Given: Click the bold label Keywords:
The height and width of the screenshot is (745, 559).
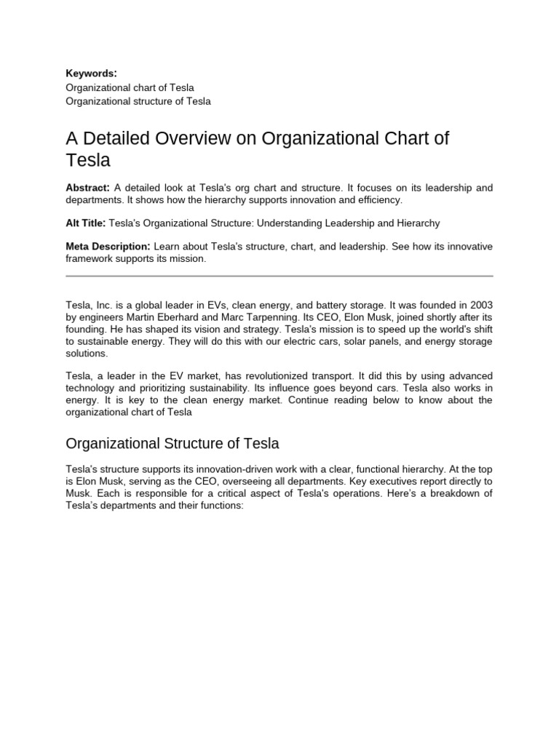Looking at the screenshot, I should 91,73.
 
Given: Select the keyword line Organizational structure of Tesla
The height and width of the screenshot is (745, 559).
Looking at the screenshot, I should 138,101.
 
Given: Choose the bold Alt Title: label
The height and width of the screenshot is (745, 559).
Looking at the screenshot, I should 85,223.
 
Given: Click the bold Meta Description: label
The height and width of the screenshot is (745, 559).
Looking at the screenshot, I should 108,247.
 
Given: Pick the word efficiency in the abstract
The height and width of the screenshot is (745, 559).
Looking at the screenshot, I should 378,199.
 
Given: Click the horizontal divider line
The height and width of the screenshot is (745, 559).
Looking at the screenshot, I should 279,276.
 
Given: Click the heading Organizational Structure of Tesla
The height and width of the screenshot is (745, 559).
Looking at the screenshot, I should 173,443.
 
